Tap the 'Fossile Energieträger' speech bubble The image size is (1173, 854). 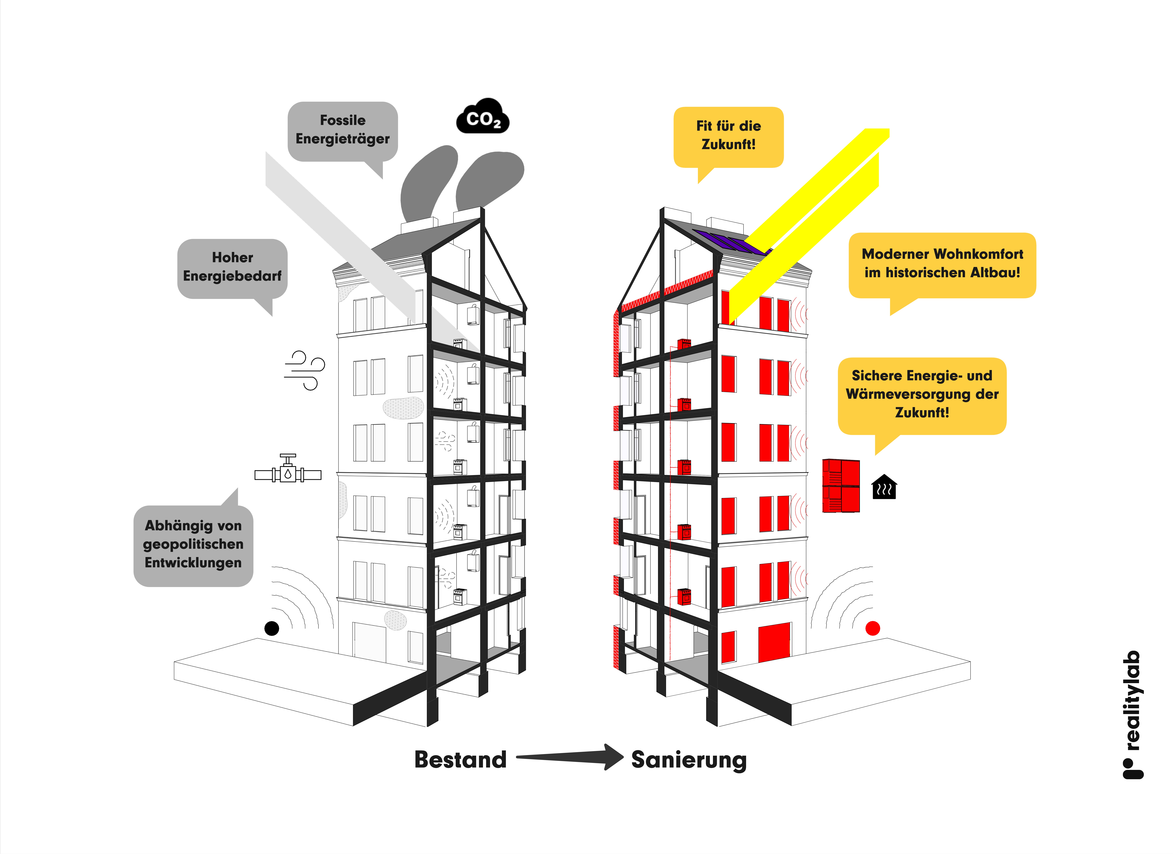pos(342,130)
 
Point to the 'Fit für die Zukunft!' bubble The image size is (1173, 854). pos(728,136)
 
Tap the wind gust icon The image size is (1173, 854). pos(305,370)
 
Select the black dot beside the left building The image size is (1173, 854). pos(272,628)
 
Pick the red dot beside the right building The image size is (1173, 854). pos(873,628)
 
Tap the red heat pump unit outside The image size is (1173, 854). pos(841,486)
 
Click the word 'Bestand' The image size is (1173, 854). pos(460,759)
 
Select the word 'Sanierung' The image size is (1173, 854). pos(689,759)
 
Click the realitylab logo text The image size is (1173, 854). pos(1133,713)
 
